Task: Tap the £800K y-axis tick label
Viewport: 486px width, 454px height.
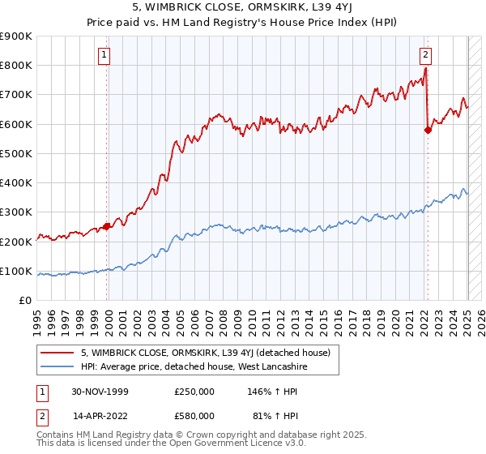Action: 16,65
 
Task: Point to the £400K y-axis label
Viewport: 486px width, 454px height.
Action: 16,182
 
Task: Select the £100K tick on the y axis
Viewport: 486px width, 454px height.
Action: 16,271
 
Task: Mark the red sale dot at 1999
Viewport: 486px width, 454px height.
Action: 107,227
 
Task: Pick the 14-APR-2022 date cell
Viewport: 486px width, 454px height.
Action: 100,418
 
